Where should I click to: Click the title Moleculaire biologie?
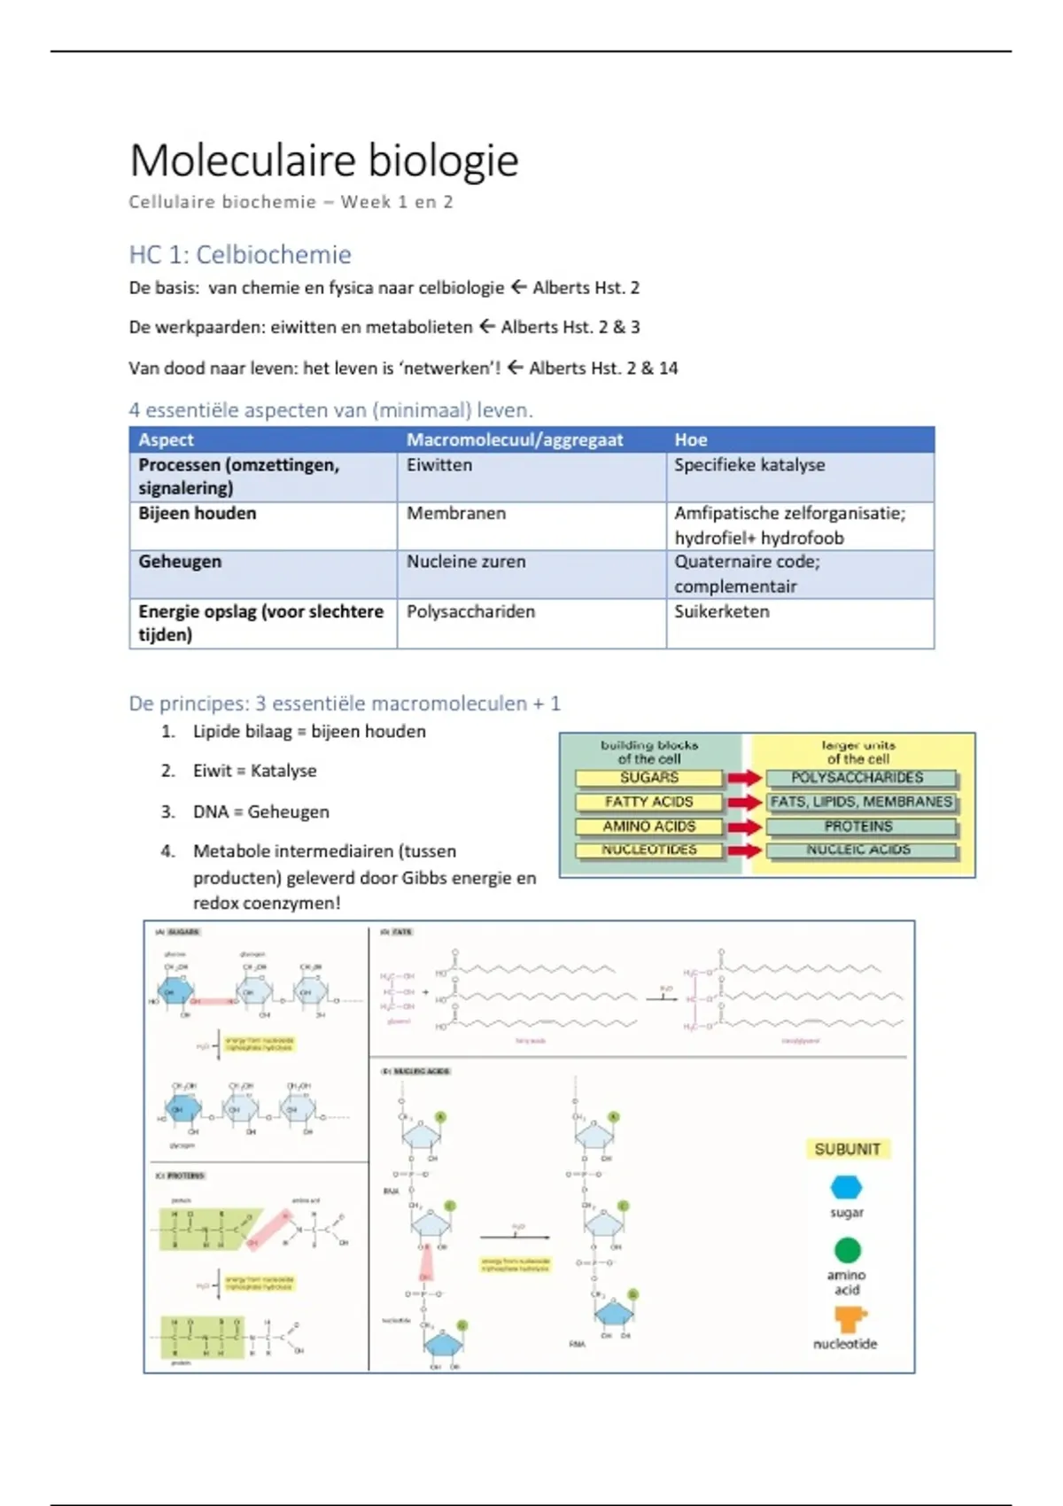tap(324, 160)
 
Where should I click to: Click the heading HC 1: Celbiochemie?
tap(240, 255)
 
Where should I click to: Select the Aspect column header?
tap(167, 439)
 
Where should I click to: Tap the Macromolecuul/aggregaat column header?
tap(515, 439)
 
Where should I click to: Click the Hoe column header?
tap(691, 439)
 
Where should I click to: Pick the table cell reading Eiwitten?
tap(439, 465)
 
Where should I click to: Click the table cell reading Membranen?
tap(456, 514)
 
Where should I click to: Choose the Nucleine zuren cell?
tap(466, 562)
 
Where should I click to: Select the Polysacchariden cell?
tap(470, 611)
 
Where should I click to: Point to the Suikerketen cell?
tap(722, 611)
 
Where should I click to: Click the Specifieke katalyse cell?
tap(749, 465)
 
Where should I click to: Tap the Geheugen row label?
tap(180, 562)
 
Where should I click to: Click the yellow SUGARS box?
tap(649, 778)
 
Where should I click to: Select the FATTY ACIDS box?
tap(649, 803)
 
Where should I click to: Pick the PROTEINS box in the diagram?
tap(859, 827)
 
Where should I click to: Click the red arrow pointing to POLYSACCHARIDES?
tap(745, 778)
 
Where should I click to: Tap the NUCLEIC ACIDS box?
tap(859, 850)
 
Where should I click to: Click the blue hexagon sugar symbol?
tap(847, 1187)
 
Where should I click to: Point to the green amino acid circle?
tap(847, 1250)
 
